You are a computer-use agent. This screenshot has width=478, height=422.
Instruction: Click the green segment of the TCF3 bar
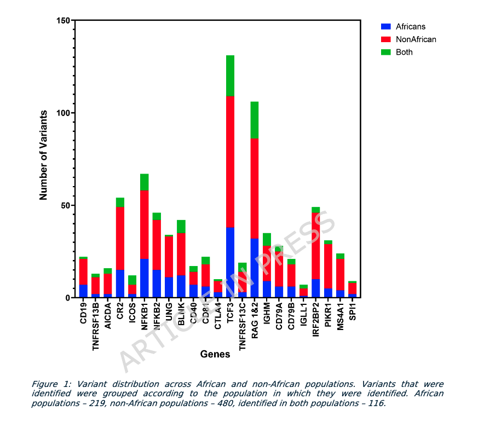230,76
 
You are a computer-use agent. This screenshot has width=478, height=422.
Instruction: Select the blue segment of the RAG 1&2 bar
255,268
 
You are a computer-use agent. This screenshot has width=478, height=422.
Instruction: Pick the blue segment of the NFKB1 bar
145,278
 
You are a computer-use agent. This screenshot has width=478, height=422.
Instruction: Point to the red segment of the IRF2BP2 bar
315,246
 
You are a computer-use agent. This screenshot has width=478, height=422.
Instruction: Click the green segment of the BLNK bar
181,226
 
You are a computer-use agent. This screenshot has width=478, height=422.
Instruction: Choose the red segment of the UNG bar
169,257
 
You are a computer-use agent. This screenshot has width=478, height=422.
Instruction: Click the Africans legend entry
403,26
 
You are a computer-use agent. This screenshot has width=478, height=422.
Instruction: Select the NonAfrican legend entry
408,39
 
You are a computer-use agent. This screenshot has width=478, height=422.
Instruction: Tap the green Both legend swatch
386,53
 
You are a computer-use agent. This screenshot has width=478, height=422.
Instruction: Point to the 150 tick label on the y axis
63,21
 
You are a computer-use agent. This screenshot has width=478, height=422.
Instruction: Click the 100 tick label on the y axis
63,113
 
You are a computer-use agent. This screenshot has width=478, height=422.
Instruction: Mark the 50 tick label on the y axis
65,205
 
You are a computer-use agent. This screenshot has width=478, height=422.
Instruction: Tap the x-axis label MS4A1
340,316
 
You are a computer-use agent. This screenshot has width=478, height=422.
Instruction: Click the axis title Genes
215,354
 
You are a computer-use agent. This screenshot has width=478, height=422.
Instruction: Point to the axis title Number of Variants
44,155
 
